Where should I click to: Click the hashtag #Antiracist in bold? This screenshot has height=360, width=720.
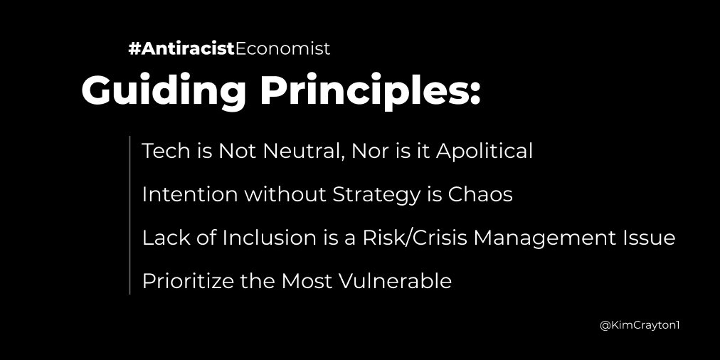tap(181, 48)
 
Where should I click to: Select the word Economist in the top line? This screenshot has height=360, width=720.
tap(282, 48)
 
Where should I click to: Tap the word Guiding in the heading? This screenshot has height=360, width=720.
tap(164, 91)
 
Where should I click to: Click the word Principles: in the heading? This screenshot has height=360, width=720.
tap(370, 91)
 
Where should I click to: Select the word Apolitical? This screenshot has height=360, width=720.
tap(485, 152)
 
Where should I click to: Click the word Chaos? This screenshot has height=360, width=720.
tap(480, 194)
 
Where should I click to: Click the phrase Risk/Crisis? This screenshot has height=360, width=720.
tap(414, 238)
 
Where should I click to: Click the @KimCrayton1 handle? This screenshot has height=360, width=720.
tap(640, 326)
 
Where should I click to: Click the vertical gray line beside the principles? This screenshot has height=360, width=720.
tap(130, 215)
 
